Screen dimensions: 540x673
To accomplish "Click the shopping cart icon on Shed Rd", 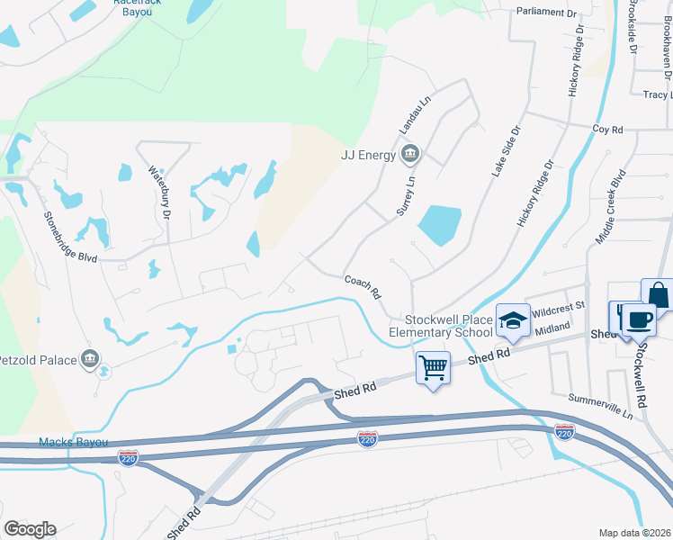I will (433, 366).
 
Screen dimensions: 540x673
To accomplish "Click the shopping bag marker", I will (659, 293).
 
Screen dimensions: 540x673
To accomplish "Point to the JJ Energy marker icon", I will (409, 154).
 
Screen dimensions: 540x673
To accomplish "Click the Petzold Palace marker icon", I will (89, 360).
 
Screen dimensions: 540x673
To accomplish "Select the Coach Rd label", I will (363, 288).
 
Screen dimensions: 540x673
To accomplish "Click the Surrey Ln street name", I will (407, 194).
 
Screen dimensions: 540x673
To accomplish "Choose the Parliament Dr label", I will (546, 13).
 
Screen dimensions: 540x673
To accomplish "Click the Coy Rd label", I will (607, 130).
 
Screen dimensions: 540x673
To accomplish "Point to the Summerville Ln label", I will (601, 406).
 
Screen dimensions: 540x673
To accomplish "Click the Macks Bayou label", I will (74, 442).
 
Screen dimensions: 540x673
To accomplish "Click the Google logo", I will (30, 529).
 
